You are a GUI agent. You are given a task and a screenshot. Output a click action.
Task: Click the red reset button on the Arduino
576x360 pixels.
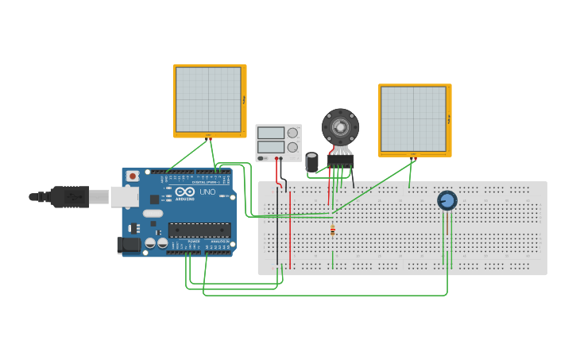coord(133,175)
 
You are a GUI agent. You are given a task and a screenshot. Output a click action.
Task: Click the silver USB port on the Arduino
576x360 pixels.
coord(124,196)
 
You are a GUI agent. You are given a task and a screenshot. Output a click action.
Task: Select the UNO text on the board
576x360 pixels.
coord(207,192)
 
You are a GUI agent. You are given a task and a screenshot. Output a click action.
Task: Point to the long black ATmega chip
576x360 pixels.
coord(199,230)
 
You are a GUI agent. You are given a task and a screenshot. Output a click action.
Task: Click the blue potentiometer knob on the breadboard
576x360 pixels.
coord(447,200)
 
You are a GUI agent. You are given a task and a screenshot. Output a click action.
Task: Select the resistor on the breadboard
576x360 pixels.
coord(332,231)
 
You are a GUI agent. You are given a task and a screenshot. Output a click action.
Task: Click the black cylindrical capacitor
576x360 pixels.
coord(312,161)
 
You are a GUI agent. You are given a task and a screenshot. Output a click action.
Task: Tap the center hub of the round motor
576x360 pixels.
coord(340,126)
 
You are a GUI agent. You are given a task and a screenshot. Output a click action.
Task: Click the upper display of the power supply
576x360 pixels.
coord(271,133)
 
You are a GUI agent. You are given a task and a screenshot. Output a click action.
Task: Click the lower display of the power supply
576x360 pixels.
coord(271,147)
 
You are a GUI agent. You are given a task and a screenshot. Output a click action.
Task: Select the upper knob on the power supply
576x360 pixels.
coord(293,133)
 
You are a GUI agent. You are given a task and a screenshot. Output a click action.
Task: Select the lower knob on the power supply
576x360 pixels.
coord(293,147)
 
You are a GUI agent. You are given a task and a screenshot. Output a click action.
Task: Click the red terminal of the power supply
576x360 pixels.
coord(277,158)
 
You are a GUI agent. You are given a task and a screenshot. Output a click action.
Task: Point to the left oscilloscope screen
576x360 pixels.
coord(208,99)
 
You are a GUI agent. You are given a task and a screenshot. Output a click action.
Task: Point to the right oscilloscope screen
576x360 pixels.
coord(413,118)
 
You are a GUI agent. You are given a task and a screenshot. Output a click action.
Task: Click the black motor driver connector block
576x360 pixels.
coord(340,160)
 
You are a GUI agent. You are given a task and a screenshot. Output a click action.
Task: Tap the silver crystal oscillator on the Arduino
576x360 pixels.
coord(153,213)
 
